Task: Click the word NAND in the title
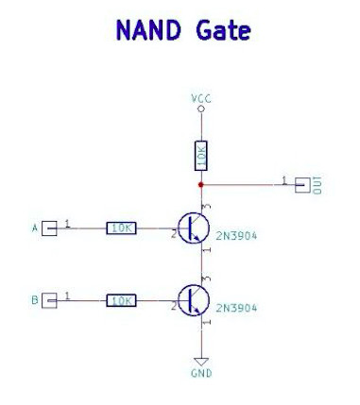[x=147, y=30]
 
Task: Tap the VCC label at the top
[x=201, y=98]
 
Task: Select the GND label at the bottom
[x=201, y=373]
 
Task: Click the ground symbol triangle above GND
[x=201, y=360]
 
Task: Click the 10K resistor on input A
[x=121, y=228]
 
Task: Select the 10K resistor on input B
[x=121, y=300]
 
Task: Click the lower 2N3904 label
[x=236, y=309]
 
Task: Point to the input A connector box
[x=51, y=228]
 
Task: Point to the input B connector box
[x=51, y=300]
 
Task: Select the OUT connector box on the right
[x=302, y=184]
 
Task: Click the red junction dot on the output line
[x=201, y=184]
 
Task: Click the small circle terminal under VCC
[x=201, y=110]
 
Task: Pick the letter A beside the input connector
[x=35, y=228]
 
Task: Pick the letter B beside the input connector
[x=35, y=300]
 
